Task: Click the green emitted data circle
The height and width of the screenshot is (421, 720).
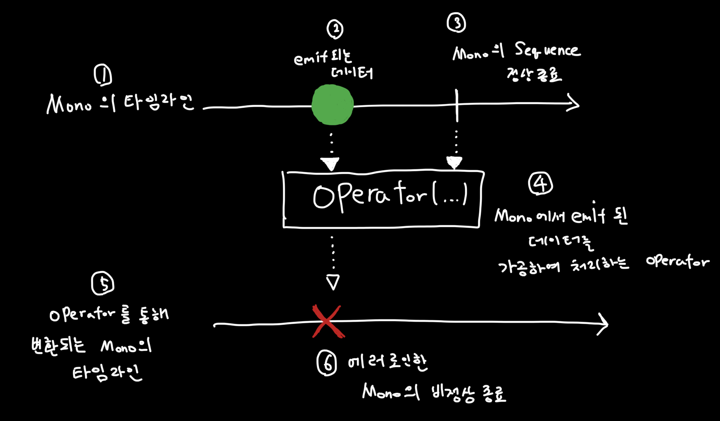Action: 332,104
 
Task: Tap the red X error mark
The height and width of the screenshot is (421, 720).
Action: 327,322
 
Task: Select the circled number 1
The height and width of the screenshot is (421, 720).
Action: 103,75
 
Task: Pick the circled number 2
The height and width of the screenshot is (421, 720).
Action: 335,29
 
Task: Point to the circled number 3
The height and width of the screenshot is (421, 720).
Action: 456,22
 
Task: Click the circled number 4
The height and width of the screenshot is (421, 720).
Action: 540,183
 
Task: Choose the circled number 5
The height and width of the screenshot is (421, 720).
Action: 102,284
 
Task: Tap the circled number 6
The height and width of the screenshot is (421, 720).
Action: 327,363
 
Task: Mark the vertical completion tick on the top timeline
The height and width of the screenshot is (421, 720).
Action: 457,106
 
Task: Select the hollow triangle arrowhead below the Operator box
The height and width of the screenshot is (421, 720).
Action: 333,282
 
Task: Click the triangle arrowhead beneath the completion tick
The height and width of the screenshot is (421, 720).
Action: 454,162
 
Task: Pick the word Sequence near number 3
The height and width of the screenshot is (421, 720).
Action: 547,51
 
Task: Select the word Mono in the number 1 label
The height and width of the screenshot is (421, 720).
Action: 69,104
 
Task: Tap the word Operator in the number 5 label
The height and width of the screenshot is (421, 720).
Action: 82,315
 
